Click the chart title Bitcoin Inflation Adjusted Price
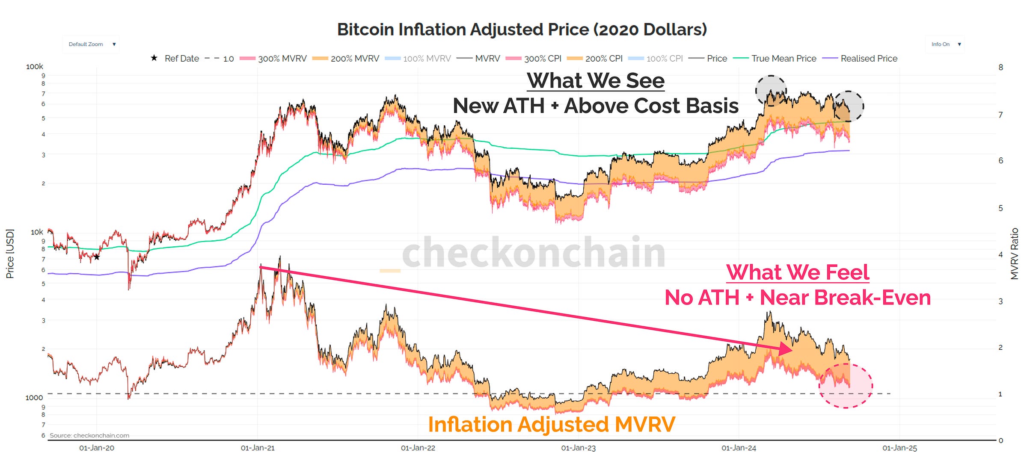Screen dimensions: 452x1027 coord(522,30)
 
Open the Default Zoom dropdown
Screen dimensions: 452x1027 coord(91,44)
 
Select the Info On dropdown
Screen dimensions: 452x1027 coord(945,44)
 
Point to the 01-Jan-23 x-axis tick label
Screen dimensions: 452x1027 coord(578,448)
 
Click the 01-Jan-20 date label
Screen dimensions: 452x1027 coord(97,448)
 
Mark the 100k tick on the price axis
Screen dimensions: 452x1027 coord(34,67)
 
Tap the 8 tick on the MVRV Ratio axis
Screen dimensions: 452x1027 coord(1000,67)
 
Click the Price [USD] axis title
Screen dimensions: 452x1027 coord(10,254)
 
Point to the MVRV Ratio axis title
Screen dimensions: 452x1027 coord(1014,254)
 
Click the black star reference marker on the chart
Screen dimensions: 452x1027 coord(97,257)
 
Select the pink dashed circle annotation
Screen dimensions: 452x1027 coord(846,386)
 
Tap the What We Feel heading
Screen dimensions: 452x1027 coord(798,272)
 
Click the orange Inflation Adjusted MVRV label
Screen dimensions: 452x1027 coord(552,425)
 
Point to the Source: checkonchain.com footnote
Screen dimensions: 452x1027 coord(89,435)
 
